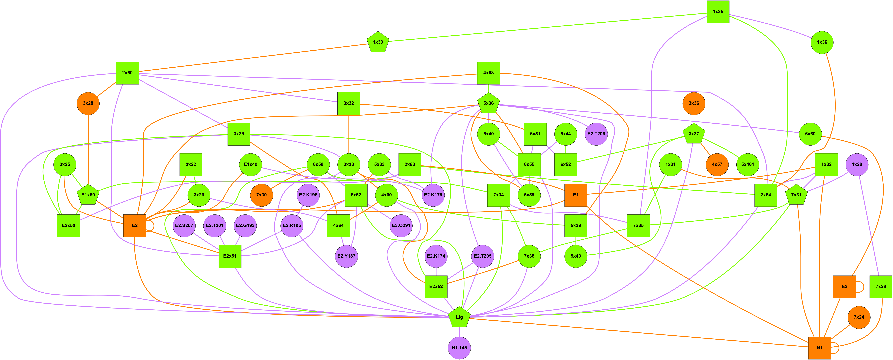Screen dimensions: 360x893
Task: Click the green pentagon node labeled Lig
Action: [x=459, y=317]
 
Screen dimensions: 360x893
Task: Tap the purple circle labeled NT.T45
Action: [x=459, y=347]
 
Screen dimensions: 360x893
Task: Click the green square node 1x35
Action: [x=718, y=12]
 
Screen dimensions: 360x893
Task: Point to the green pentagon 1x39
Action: [x=378, y=42]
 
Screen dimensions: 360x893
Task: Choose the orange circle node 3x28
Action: [x=88, y=103]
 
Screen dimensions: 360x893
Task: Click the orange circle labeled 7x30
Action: [x=261, y=195]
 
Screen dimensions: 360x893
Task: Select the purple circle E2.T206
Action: [x=596, y=134]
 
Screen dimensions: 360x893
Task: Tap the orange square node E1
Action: [x=576, y=195]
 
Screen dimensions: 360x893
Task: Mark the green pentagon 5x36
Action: [x=488, y=103]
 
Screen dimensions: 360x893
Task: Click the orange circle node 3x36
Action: [x=694, y=103]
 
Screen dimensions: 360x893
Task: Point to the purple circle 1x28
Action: [x=857, y=164]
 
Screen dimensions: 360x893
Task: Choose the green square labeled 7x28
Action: [x=881, y=286]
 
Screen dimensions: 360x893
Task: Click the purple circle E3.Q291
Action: [x=401, y=225]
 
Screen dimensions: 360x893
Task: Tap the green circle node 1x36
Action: [x=822, y=42]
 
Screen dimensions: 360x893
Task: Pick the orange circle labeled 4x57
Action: [x=717, y=164]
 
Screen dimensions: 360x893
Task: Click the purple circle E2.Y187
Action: [x=346, y=256]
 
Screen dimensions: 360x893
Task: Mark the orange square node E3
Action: [x=844, y=286]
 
